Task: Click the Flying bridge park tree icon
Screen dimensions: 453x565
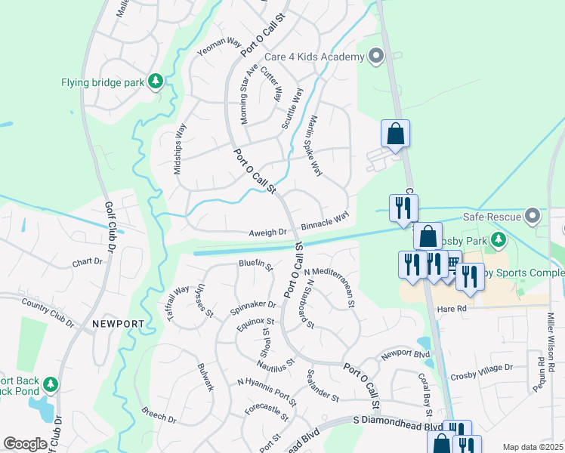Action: (x=156, y=81)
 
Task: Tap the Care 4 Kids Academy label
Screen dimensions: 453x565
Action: (x=314, y=57)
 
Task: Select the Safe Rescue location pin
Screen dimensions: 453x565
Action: (x=533, y=217)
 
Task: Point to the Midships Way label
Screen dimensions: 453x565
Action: (x=180, y=149)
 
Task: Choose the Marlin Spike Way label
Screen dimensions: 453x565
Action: (x=316, y=146)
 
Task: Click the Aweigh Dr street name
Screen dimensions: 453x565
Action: (x=268, y=233)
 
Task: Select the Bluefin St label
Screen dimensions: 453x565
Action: (x=255, y=263)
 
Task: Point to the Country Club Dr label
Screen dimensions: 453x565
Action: (x=48, y=313)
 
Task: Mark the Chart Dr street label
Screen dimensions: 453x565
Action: (x=87, y=262)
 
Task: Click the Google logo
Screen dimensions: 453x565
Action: (x=25, y=443)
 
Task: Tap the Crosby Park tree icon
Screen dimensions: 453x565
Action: (x=498, y=241)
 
